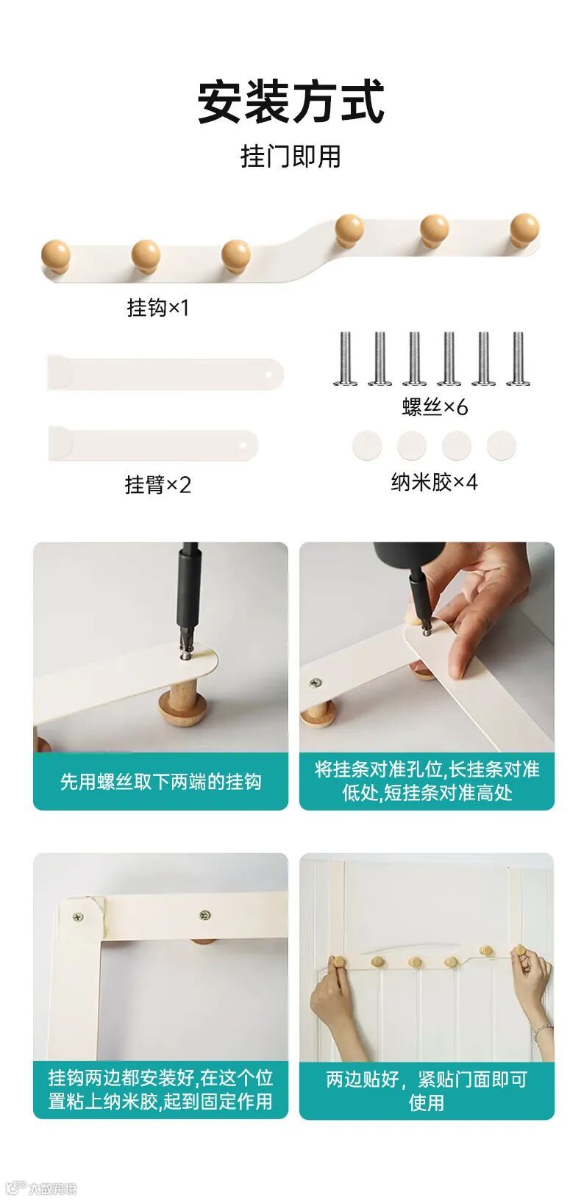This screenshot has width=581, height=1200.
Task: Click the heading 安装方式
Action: (290, 102)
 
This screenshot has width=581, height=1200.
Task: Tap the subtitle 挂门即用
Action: (290, 157)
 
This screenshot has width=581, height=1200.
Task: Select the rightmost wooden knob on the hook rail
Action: (524, 229)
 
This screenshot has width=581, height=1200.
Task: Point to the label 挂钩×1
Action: (157, 307)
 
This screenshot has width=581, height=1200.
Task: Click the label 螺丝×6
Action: (435, 406)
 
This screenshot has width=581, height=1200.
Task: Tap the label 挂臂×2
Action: (157, 485)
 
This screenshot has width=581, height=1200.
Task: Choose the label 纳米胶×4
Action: (434, 482)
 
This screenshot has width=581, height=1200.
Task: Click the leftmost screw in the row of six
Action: (345, 359)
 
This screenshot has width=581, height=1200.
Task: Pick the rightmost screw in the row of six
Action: (518, 359)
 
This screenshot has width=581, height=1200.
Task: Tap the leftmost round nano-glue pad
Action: (367, 445)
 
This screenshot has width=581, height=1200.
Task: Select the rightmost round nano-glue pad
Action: (502, 445)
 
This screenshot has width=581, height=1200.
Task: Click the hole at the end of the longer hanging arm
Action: (270, 374)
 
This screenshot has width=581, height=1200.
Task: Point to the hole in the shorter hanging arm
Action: (244, 445)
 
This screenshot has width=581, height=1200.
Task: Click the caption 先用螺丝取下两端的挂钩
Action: (161, 782)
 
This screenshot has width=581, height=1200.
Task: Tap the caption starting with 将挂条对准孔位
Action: (427, 781)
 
